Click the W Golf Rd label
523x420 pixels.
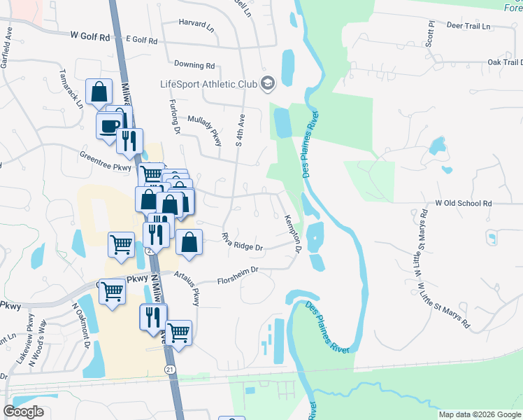click(x=91, y=36)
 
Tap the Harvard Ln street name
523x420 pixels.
click(x=196, y=23)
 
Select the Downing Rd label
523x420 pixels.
click(x=194, y=65)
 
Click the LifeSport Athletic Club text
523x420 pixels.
click(x=208, y=84)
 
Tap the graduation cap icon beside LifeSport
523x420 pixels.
click(x=267, y=84)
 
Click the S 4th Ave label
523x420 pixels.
click(x=240, y=130)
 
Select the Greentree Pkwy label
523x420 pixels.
click(x=106, y=162)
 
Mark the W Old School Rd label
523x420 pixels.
click(x=464, y=203)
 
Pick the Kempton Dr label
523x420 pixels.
click(x=293, y=234)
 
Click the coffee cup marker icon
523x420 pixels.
click(x=109, y=127)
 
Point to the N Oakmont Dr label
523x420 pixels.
click(x=80, y=325)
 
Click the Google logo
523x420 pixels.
click(x=23, y=412)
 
